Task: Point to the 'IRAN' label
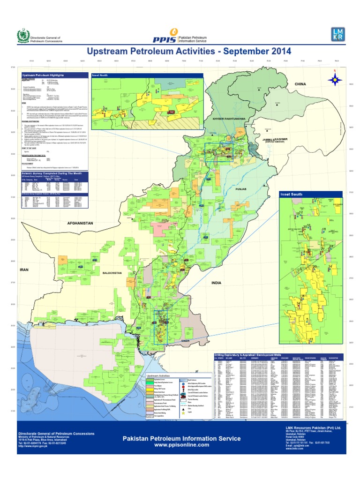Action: click(24, 270)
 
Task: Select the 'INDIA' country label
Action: click(216, 283)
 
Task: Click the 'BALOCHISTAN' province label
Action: click(112, 272)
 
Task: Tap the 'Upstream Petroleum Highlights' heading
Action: click(43, 75)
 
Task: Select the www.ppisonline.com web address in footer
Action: click(181, 445)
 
